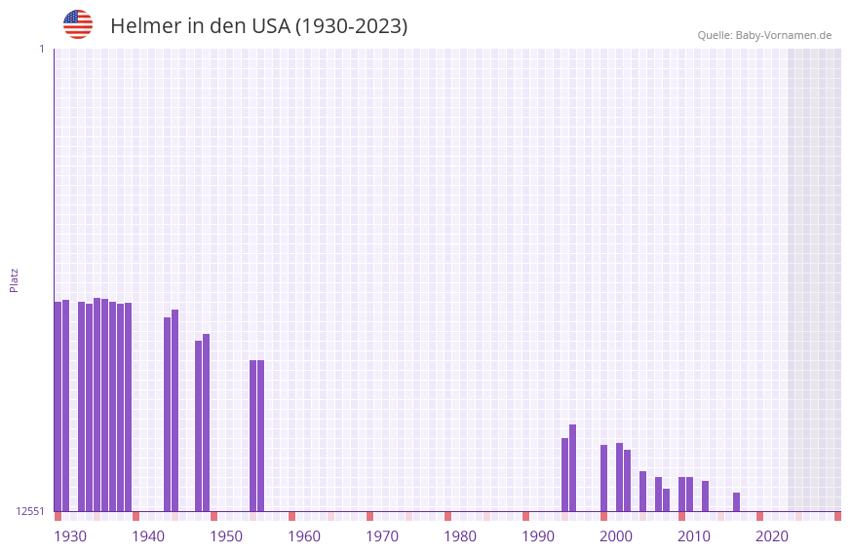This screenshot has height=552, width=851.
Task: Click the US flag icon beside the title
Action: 78,24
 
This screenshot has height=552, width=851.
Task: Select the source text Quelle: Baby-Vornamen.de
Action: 764,35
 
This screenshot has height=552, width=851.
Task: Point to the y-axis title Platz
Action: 14,279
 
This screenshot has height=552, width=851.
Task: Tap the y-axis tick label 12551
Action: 30,511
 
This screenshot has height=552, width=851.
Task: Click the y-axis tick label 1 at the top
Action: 41,49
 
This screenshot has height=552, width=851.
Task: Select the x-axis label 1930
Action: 70,536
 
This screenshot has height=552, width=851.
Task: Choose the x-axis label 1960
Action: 304,536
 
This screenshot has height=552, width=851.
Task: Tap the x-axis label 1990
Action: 538,536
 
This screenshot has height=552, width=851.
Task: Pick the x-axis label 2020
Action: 772,536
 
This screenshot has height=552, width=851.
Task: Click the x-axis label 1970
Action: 382,536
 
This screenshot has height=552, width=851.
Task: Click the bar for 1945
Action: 174,410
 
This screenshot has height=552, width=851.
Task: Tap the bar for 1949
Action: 206,423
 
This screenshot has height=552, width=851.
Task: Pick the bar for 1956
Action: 260,435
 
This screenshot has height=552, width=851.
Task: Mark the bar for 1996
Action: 572,467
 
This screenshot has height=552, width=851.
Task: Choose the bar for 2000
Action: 603,478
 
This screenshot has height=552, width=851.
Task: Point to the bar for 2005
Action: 642,491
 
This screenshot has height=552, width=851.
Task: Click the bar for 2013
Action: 705,496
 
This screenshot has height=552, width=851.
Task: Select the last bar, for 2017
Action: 736,501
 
